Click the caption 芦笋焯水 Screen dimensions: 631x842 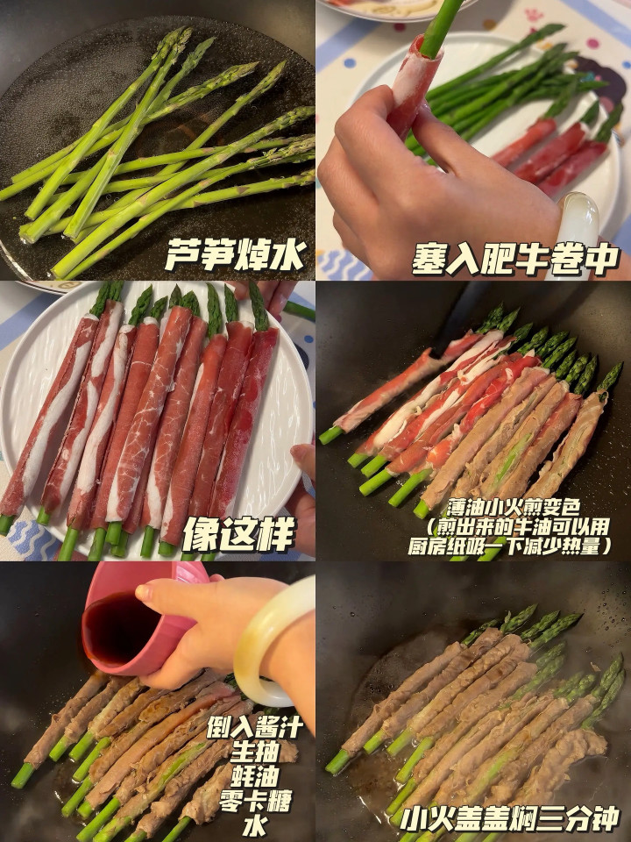point(236,254)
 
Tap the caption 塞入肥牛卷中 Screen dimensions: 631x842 point(515,260)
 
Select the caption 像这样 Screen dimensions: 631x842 point(238,534)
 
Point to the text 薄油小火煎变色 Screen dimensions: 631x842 point(513,508)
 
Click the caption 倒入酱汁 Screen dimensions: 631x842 point(254,728)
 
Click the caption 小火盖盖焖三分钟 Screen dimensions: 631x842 point(510,819)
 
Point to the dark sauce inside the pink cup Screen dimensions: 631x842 point(121,629)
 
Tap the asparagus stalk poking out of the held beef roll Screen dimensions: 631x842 point(441,27)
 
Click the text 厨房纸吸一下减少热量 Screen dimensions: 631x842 point(510,546)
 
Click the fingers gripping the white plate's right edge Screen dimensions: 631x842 point(304,494)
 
